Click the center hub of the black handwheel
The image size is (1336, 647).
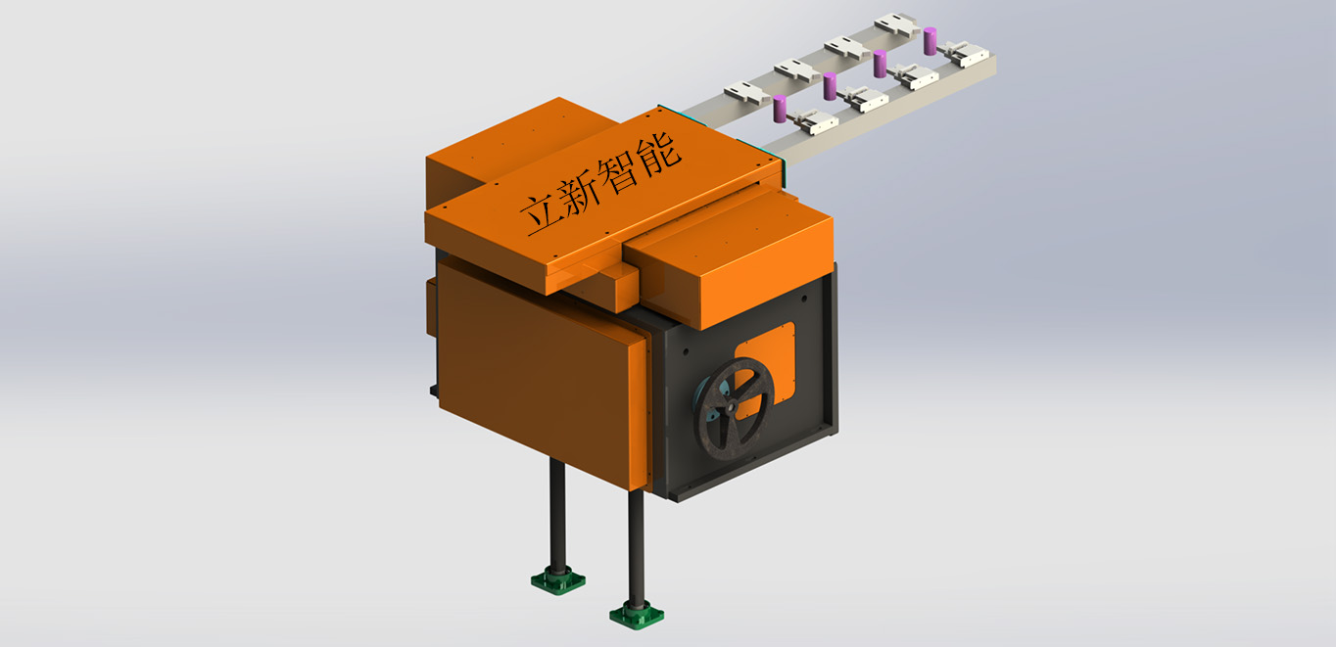tap(729, 409)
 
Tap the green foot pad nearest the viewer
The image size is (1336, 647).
tap(637, 615)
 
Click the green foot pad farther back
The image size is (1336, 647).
tap(558, 579)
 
